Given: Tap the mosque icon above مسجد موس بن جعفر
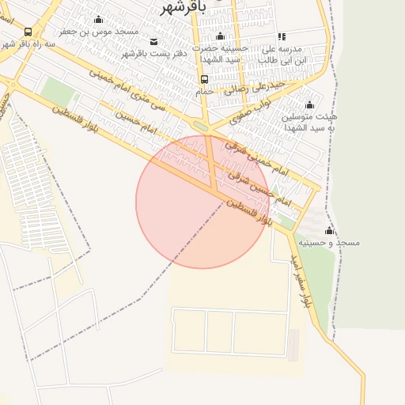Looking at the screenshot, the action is point(98,20).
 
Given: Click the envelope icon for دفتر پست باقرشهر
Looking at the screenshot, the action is point(153,41).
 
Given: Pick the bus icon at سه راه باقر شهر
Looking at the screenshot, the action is point(28,32).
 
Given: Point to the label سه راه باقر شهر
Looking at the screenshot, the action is point(28,44).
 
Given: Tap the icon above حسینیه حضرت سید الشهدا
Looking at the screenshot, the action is point(221,36).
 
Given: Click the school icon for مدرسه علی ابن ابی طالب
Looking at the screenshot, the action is point(281,36).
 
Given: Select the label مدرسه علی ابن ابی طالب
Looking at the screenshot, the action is point(293,54).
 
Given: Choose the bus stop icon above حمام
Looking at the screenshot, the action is point(204,79).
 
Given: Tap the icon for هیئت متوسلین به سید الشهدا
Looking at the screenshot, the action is point(309,104).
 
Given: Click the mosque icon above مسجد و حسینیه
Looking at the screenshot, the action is point(329,230).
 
